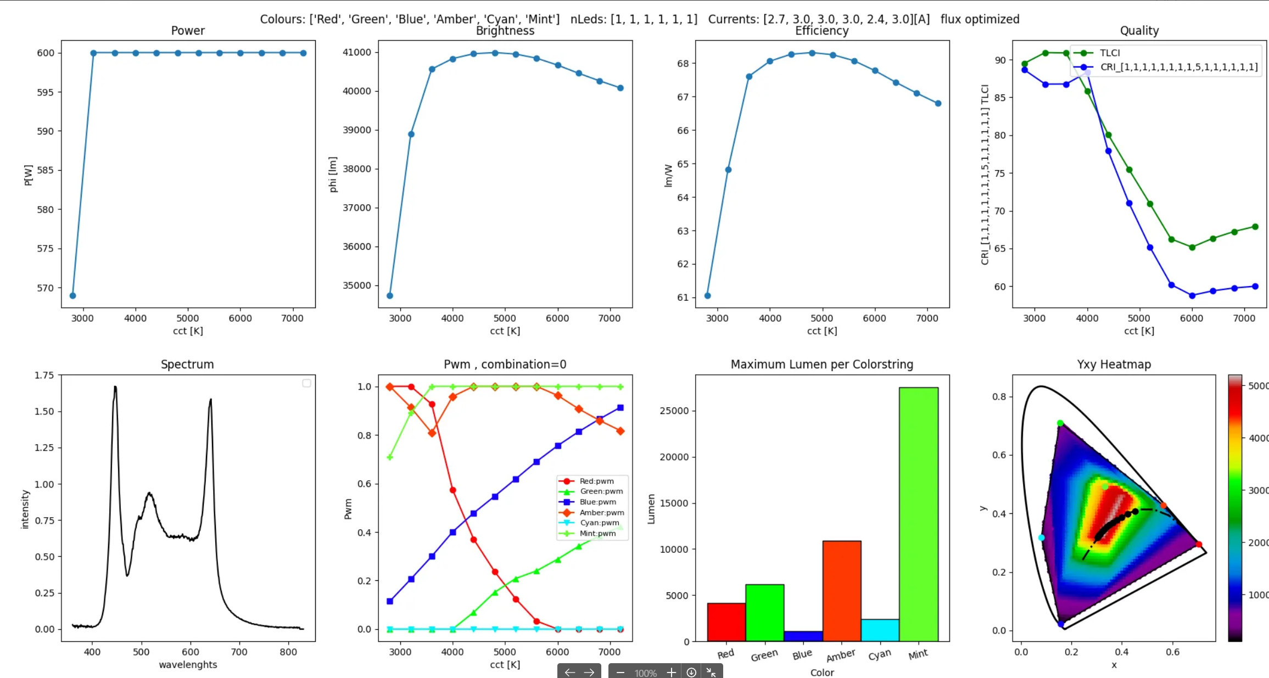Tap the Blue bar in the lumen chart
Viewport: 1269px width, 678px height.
click(803, 636)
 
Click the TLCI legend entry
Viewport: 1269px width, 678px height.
click(1109, 53)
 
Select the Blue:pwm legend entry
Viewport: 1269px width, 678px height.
click(597, 502)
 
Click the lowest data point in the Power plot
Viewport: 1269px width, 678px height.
click(72, 295)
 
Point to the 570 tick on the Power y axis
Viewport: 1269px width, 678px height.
click(46, 288)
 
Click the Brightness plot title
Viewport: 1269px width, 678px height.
click(505, 31)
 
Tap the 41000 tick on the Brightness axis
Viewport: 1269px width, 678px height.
click(357, 52)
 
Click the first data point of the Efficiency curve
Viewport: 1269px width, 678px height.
click(707, 295)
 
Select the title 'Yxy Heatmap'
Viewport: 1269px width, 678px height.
click(1114, 365)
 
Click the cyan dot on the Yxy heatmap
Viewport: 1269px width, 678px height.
click(1041, 537)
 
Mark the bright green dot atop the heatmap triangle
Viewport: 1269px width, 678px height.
click(1060, 423)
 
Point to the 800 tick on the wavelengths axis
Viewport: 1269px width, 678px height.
click(288, 652)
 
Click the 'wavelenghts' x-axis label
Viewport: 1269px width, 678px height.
click(188, 665)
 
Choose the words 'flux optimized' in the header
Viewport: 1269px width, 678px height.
click(980, 19)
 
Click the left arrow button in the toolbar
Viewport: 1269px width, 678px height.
click(569, 673)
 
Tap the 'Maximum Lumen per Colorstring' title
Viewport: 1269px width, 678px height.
click(821, 365)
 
